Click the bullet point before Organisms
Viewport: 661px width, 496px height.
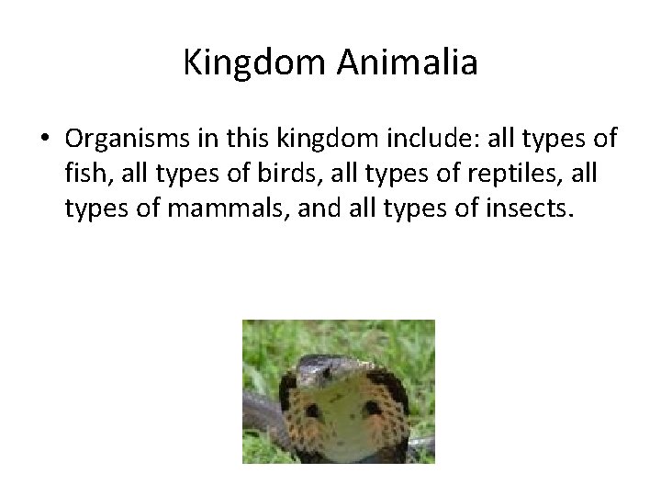[x=44, y=139]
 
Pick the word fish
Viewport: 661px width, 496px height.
[x=85, y=175]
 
